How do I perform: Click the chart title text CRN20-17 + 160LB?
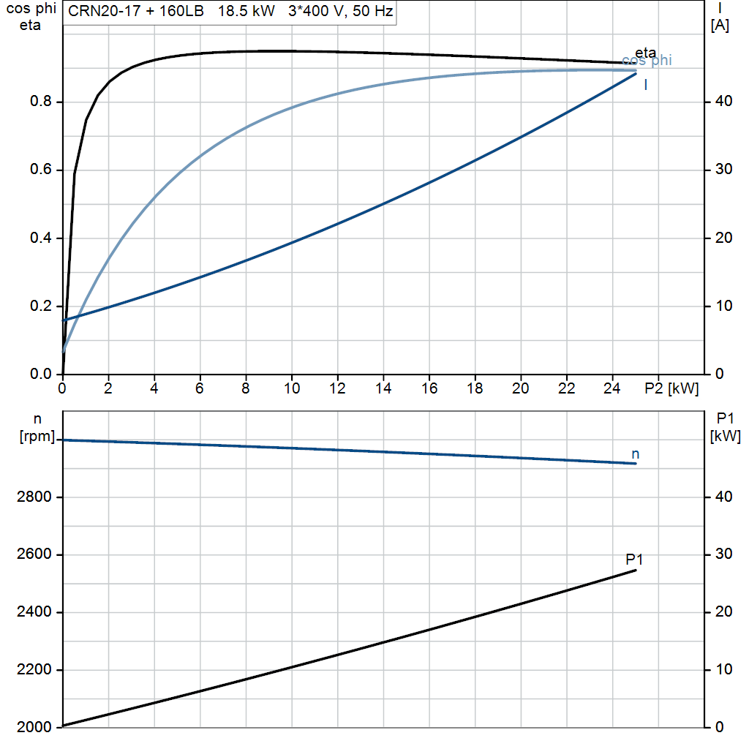click(x=136, y=11)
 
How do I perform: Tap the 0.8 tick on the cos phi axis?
click(x=41, y=101)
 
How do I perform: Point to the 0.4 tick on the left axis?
click(x=41, y=238)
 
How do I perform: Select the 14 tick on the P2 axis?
click(x=383, y=388)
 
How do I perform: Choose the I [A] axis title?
click(x=720, y=17)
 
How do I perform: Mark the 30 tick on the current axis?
click(x=723, y=170)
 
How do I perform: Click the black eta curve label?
click(x=645, y=53)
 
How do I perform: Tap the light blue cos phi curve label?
click(x=647, y=60)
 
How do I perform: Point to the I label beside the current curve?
click(x=646, y=85)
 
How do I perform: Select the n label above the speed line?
click(x=636, y=454)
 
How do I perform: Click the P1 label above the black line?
click(x=634, y=559)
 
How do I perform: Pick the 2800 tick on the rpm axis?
click(x=34, y=497)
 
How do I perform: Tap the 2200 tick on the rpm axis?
click(x=34, y=670)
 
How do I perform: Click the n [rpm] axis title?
click(x=37, y=428)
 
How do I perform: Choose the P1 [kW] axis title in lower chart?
click(x=725, y=427)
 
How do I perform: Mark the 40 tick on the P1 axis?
click(x=723, y=497)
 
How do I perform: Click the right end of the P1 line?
click(x=636, y=571)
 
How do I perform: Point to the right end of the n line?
click(x=636, y=463)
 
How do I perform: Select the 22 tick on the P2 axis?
click(x=567, y=388)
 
